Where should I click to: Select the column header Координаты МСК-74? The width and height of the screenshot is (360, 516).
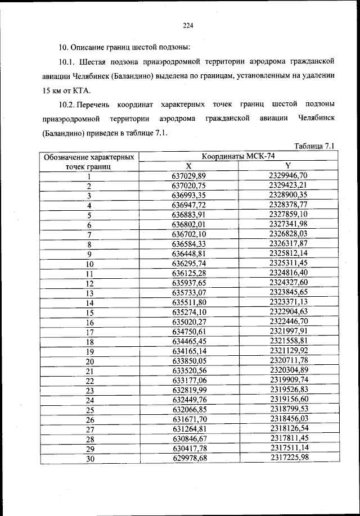pos(237,157)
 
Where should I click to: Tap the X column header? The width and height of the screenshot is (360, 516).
pos(189,166)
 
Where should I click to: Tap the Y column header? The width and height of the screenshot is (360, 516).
pos(287,166)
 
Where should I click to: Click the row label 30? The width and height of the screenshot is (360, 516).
pos(89,459)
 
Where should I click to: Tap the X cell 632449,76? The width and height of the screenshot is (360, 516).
pos(189,400)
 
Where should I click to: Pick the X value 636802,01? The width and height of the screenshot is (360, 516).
pos(189,224)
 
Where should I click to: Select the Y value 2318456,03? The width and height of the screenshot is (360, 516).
pos(288,419)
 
